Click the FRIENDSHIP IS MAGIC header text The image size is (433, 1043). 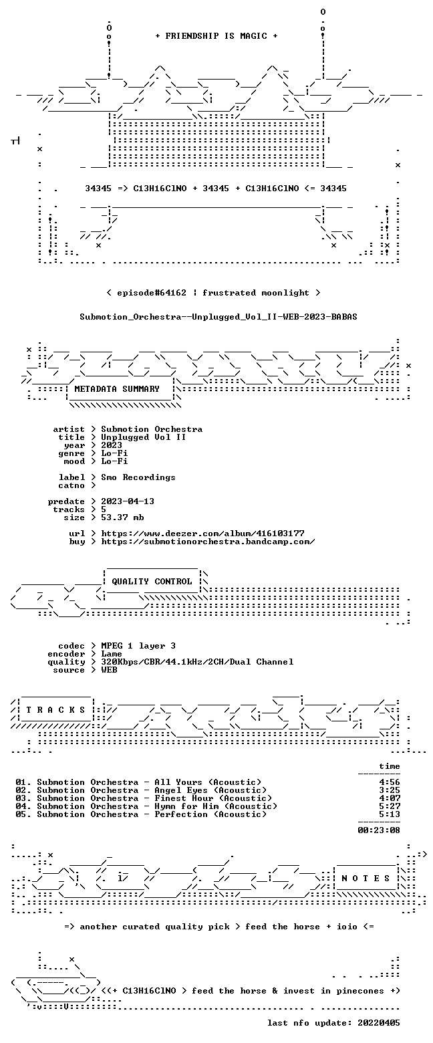[216, 36]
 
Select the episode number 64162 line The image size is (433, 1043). [213, 293]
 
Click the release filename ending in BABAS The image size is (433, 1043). [219, 317]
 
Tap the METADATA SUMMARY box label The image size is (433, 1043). [117, 389]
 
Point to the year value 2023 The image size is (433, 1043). [112, 445]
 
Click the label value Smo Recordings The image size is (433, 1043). [138, 477]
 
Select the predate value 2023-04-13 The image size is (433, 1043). [128, 501]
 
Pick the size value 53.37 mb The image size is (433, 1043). [122, 517]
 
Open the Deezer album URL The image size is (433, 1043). [202, 533]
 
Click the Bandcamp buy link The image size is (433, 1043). [208, 542]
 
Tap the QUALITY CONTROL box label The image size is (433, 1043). [152, 582]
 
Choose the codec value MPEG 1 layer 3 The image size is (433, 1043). [138, 646]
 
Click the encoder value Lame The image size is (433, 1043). [112, 654]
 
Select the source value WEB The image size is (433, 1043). [110, 670]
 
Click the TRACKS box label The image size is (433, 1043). [56, 709]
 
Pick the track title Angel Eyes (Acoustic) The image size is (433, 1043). [211, 790]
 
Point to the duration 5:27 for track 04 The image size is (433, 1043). [390, 806]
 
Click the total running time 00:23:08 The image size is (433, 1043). [379, 830]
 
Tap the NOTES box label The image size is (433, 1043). [366, 878]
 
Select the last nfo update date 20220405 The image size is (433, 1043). [379, 1023]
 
